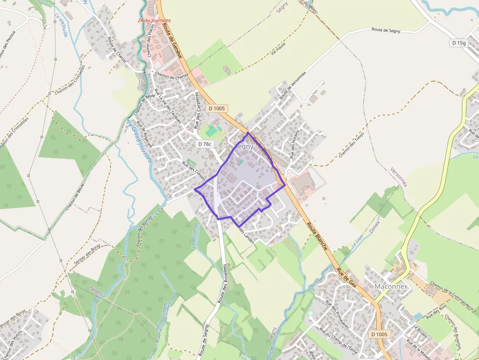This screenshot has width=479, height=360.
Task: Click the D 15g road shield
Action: coord(459,43)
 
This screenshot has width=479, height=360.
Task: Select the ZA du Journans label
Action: coord(154,21)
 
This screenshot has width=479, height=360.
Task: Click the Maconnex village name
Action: coord(391,286)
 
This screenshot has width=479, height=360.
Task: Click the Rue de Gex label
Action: coord(347,278)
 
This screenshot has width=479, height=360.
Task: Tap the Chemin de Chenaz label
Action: coord(172,76)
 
